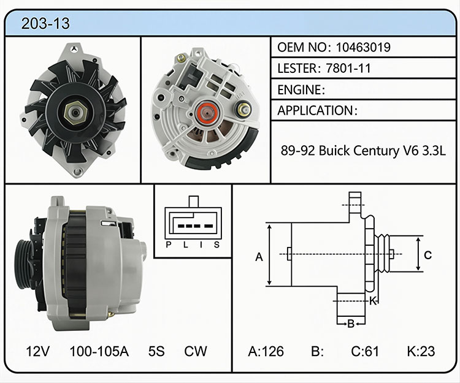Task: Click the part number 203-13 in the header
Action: click(45, 23)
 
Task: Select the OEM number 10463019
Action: click(363, 47)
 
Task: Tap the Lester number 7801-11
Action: click(348, 68)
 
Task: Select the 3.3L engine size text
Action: click(434, 151)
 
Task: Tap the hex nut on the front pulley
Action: click(75, 113)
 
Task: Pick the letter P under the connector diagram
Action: click(169, 245)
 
